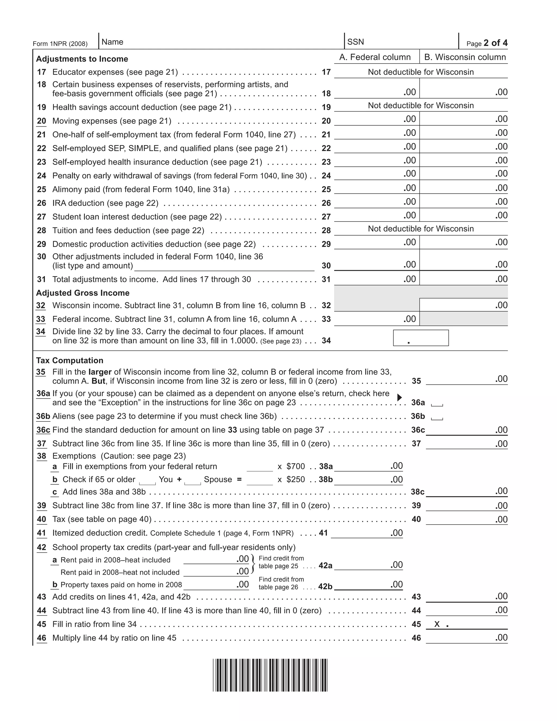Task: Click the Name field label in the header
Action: pos(112,42)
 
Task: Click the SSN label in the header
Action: pos(355,42)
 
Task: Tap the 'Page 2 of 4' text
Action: pos(487,43)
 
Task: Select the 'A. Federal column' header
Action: pos(375,57)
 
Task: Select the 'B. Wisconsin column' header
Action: pos(465,57)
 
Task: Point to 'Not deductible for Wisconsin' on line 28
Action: pos(421,229)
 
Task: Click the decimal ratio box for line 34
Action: pos(421,338)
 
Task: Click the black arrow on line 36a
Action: pos(399,398)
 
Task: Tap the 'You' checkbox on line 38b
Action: pos(147,481)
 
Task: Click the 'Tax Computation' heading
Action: pos(70,360)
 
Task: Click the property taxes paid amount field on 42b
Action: pos(216,585)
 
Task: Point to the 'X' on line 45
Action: pos(437,624)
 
